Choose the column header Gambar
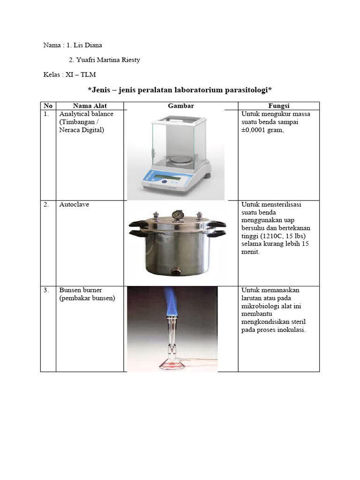click(x=181, y=106)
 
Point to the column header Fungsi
click(x=278, y=106)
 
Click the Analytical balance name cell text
click(x=86, y=114)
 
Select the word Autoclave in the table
click(x=74, y=205)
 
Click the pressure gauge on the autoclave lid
click(x=177, y=215)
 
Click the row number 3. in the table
click(x=46, y=290)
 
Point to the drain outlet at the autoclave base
click(x=176, y=270)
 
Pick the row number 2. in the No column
click(x=46, y=205)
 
